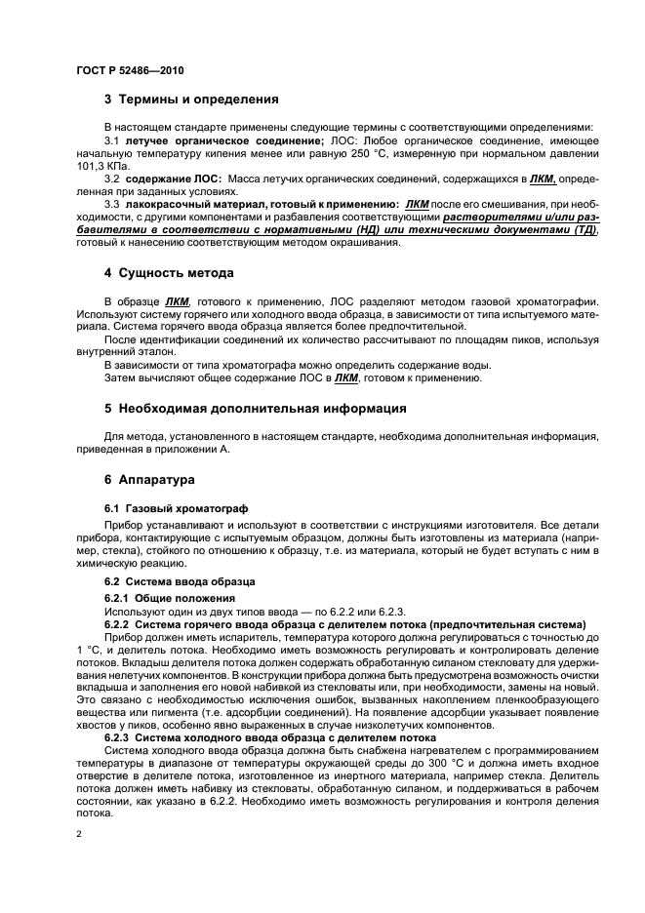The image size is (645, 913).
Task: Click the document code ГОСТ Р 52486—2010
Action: (x=129, y=71)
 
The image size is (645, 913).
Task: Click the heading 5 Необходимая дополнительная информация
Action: (x=256, y=407)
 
